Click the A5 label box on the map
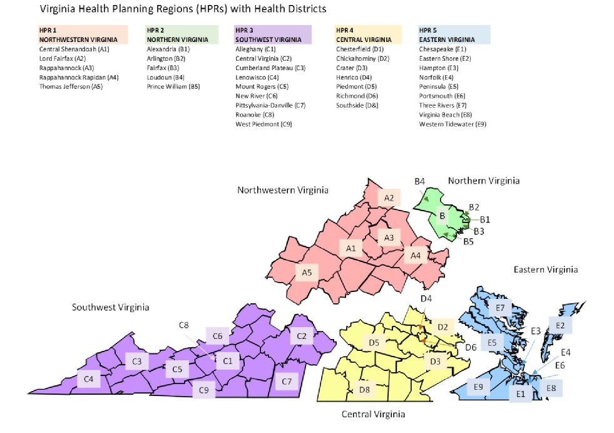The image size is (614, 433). [x=307, y=273]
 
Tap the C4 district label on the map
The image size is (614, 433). [x=89, y=378]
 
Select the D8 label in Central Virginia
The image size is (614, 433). [x=364, y=390]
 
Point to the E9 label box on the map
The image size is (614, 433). [x=478, y=387]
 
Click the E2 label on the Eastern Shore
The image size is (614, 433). [x=560, y=325]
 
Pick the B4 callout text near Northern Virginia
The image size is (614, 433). [x=419, y=181]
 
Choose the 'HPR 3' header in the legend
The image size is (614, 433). [x=245, y=30]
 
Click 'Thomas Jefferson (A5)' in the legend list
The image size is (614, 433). [x=71, y=86]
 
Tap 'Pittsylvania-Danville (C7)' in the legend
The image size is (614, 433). [x=270, y=105]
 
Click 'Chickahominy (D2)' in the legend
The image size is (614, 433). [x=362, y=58]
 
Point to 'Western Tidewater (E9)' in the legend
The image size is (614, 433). [x=452, y=124]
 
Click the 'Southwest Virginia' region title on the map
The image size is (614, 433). [x=110, y=308]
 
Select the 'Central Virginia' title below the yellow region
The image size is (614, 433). [x=373, y=414]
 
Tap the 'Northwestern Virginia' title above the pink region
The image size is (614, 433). [x=283, y=190]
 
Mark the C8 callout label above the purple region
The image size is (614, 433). [x=183, y=325]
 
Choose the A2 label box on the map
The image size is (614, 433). [x=389, y=199]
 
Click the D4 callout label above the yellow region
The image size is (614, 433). [x=426, y=298]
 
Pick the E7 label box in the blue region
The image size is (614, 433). [x=500, y=308]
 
